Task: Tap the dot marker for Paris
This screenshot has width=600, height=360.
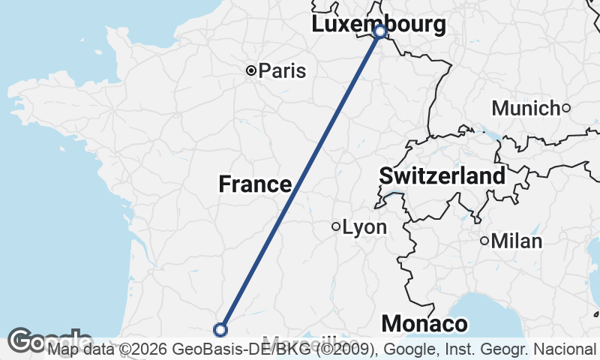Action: click(250, 71)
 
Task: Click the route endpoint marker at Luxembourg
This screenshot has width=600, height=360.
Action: click(379, 31)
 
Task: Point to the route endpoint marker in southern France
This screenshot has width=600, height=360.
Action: click(220, 329)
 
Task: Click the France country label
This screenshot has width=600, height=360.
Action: click(255, 184)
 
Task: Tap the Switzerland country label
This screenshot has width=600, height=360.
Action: click(442, 177)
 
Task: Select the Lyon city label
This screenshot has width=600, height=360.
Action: click(364, 227)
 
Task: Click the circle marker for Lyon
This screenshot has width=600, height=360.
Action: click(336, 226)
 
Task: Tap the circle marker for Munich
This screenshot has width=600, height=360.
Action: click(566, 108)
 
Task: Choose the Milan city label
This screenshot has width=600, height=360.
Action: click(516, 241)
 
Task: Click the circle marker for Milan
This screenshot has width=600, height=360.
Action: click(484, 241)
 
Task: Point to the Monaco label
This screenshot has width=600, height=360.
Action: click(424, 324)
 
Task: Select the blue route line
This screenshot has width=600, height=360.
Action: click(300, 181)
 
